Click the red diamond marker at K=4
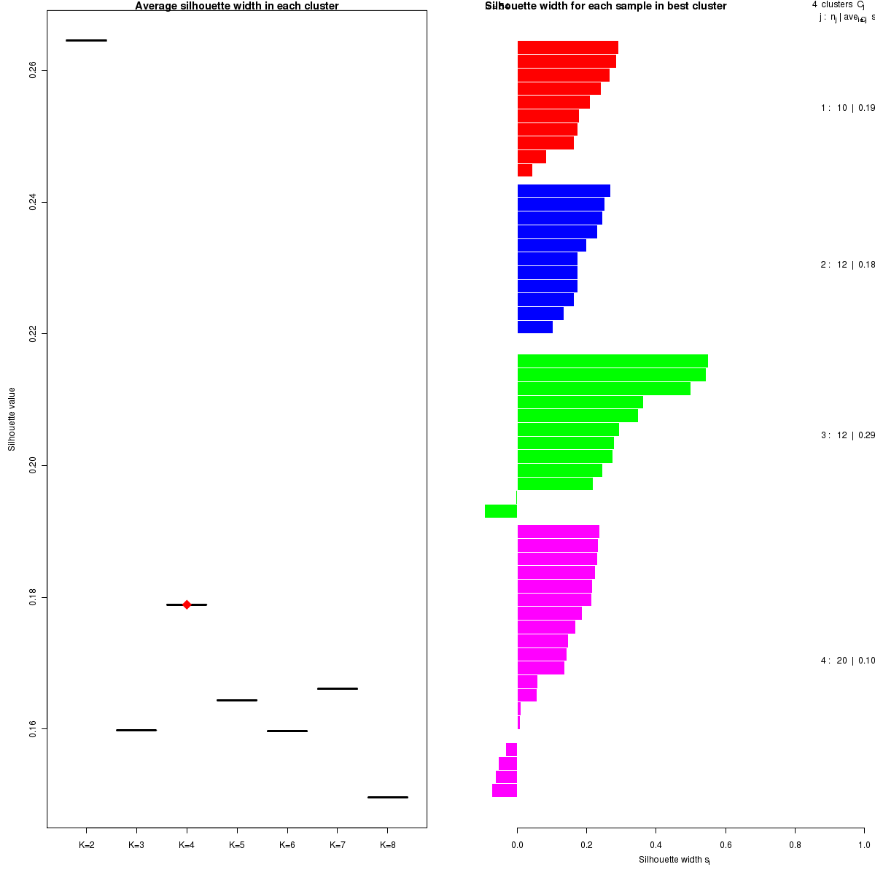tap(187, 604)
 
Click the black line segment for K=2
tap(86, 40)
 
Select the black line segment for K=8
tap(387, 797)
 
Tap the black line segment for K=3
tap(136, 730)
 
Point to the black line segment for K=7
tap(337, 688)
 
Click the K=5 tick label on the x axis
tap(237, 845)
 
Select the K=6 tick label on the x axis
tap(287, 845)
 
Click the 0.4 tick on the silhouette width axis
tap(656, 845)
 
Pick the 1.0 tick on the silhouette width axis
tap(863, 845)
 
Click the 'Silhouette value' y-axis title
tap(12, 419)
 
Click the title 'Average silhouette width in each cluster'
tap(237, 7)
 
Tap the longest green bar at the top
tap(612, 361)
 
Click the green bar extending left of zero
tap(501, 511)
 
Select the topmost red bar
tap(567, 47)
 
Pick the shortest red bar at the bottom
tap(525, 171)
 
